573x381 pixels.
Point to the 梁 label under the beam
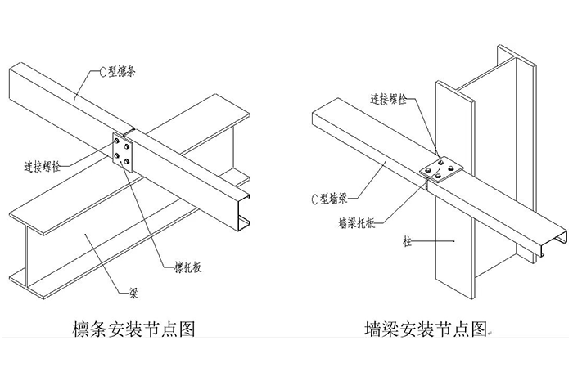pyautogui.click(x=133, y=289)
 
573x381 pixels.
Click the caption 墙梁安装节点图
pyautogui.click(x=425, y=333)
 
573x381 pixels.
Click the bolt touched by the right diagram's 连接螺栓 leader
pyautogui.click(x=441, y=163)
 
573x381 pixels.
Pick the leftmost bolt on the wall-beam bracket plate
pyautogui.click(x=431, y=170)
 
